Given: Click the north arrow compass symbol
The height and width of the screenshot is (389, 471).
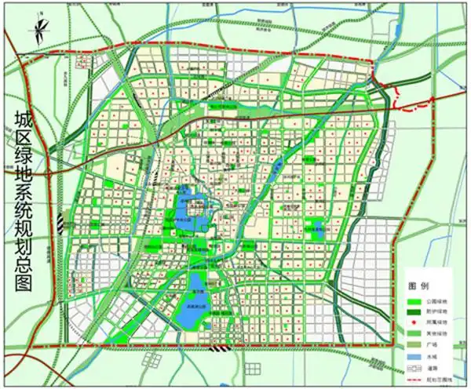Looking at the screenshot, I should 36,32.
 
